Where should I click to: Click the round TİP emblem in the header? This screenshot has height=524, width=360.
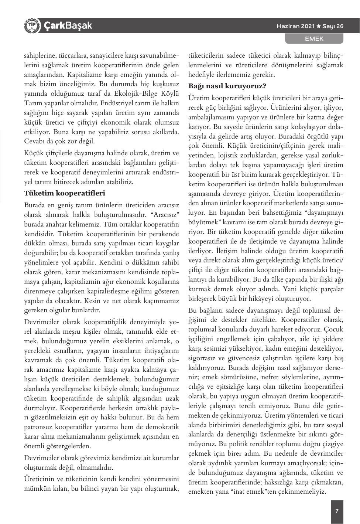pyautogui.click(x=31, y=25)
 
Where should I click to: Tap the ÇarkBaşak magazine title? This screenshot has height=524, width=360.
pyautogui.click(x=68, y=26)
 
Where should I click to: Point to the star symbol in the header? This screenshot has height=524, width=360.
pyautogui.click(x=318, y=26)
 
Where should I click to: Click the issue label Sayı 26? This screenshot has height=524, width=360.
pyautogui.click(x=333, y=26)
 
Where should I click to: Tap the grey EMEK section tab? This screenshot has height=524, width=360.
pyautogui.click(x=314, y=38)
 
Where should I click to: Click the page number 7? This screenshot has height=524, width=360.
pyautogui.click(x=337, y=511)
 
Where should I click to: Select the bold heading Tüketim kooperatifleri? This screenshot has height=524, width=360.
pyautogui.click(x=65, y=193)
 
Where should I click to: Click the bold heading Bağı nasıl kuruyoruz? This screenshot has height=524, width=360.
pyautogui.click(x=227, y=86)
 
